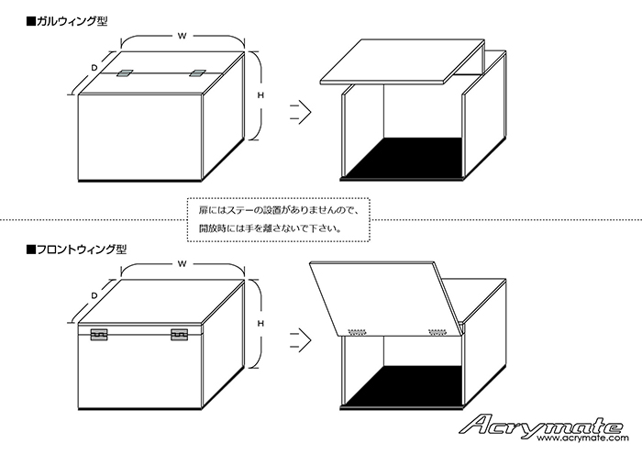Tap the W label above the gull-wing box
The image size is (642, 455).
[x=183, y=36]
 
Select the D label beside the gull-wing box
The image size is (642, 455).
[x=94, y=68]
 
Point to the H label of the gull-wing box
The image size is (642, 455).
[x=260, y=95]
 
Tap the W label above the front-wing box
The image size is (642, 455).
[x=183, y=264]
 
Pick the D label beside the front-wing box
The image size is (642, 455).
[x=94, y=295]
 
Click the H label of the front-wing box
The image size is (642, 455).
[x=260, y=324]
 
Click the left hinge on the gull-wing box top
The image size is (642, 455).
[x=124, y=73]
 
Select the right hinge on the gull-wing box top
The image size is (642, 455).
[x=198, y=73]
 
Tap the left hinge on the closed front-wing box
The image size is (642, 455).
[x=99, y=335]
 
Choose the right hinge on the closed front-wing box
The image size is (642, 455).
[x=180, y=335]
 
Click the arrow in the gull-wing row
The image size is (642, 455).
[x=301, y=112]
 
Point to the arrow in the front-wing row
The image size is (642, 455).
[x=301, y=340]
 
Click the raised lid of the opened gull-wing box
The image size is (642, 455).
[x=403, y=61]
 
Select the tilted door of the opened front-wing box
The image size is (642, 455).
[x=386, y=298]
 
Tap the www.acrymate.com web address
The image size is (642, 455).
[x=583, y=438]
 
